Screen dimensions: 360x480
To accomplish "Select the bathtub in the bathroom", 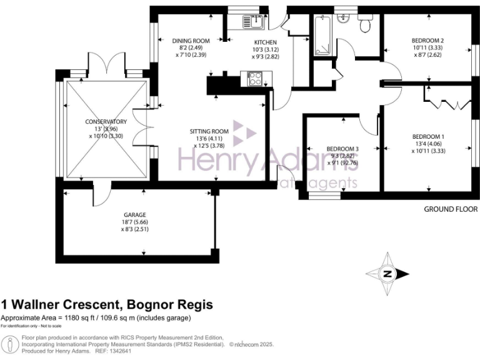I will (322, 36).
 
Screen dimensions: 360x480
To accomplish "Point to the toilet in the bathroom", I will (365, 24).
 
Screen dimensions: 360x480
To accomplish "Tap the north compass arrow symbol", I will (387, 274).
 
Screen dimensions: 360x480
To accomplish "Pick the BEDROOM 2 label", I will (428, 41).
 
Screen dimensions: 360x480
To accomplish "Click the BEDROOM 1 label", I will (428, 137).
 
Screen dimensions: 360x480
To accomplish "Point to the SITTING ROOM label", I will (209, 131).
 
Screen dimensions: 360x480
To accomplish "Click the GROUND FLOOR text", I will (450, 209).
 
